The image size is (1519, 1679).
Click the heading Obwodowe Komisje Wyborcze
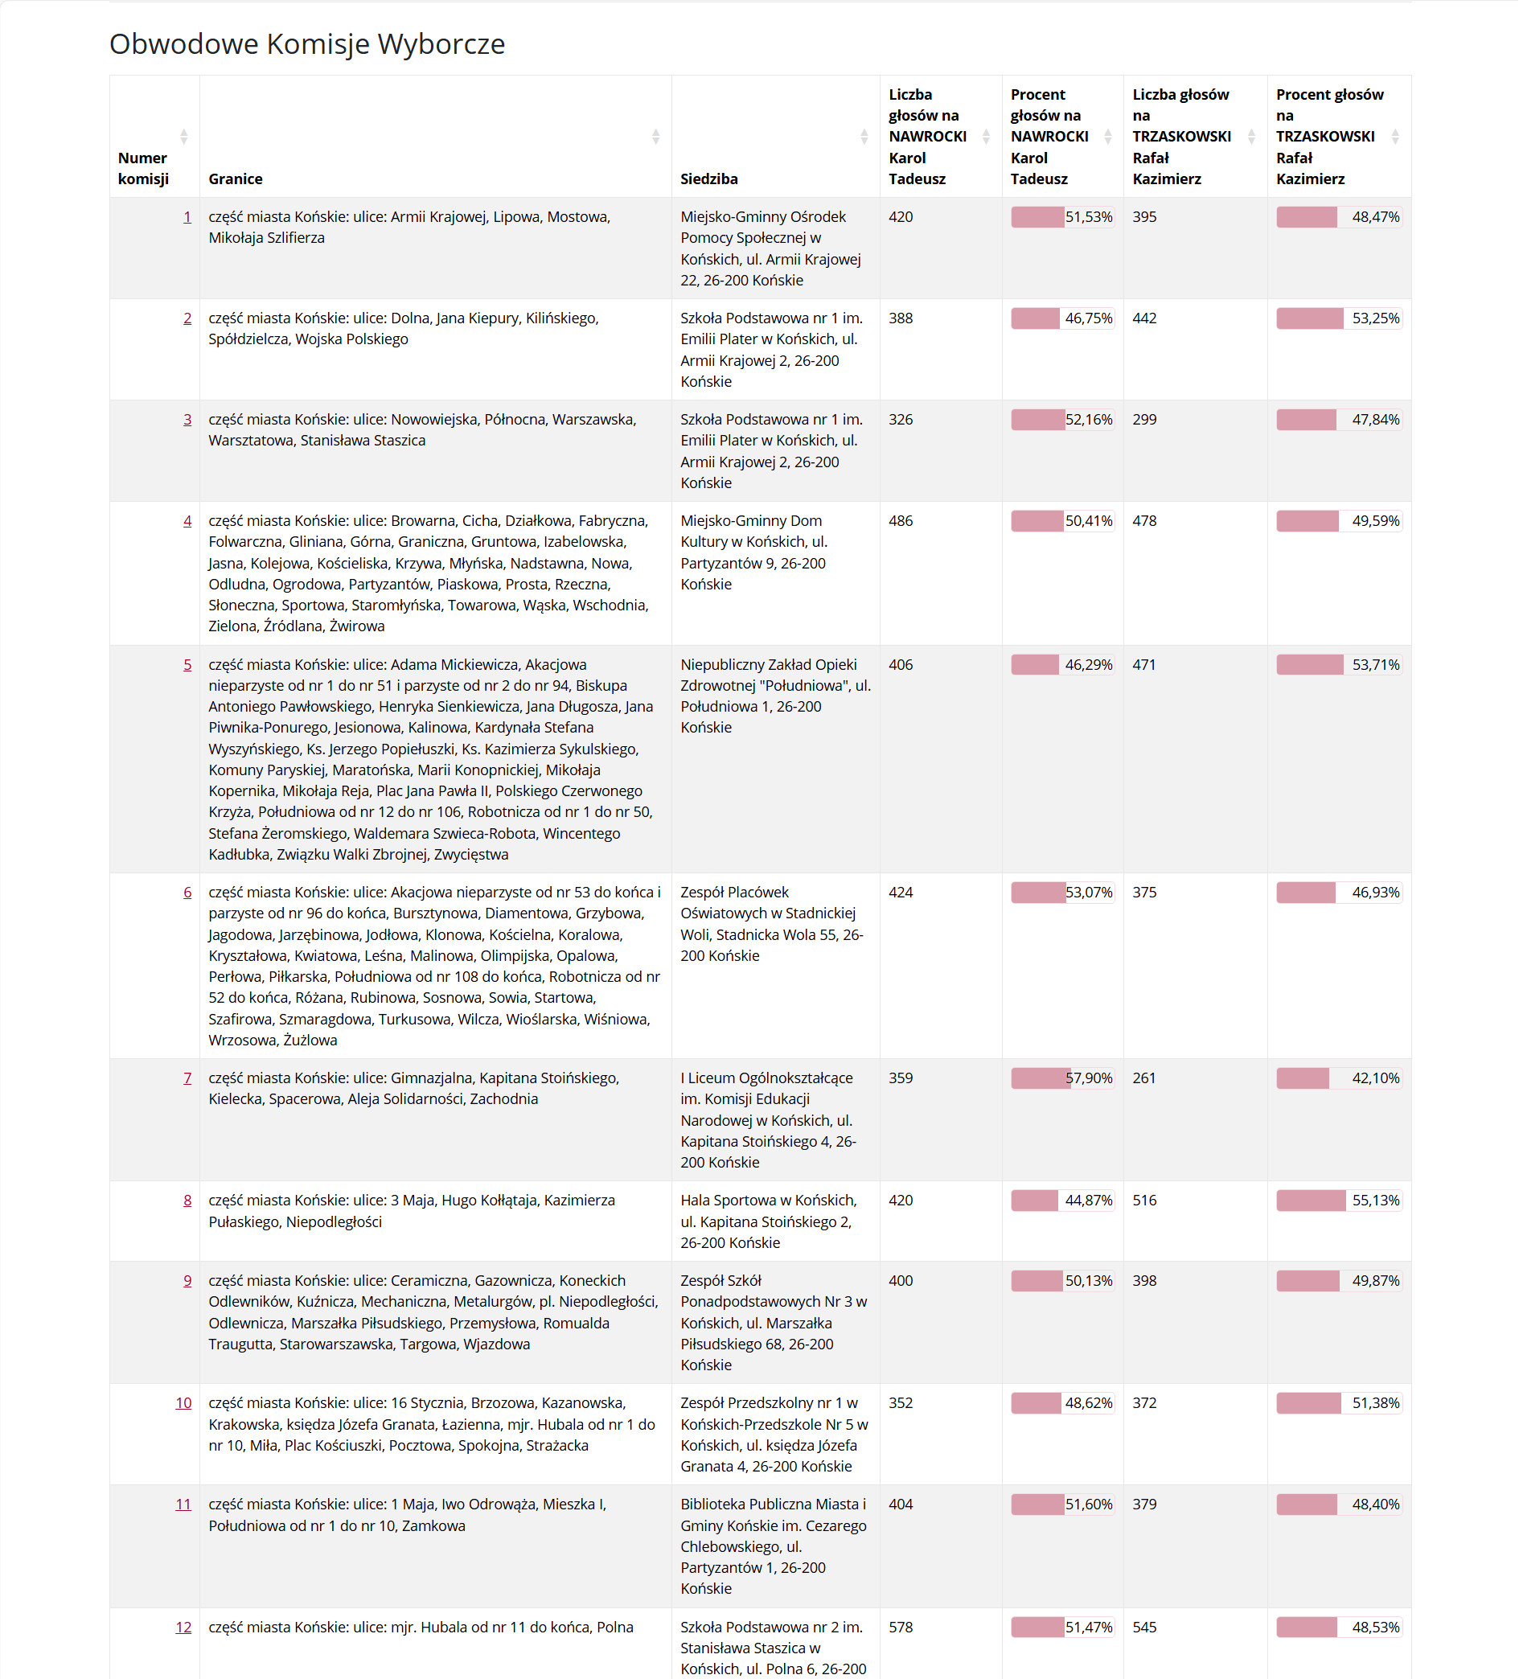(306, 44)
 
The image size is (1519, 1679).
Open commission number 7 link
(187, 1078)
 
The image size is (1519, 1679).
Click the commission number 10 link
(183, 1402)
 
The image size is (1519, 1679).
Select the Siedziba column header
(708, 179)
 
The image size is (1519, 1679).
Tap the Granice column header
(236, 179)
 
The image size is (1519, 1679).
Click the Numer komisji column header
(143, 168)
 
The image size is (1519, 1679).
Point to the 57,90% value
(1089, 1078)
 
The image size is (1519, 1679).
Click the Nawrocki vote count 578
(901, 1627)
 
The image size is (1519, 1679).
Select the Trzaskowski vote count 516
(1144, 1200)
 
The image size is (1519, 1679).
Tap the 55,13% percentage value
(1375, 1200)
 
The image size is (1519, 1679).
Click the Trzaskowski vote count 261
(1144, 1078)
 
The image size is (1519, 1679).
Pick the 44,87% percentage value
(1089, 1200)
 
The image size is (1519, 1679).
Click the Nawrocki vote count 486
(901, 520)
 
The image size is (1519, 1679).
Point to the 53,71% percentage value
(1375, 664)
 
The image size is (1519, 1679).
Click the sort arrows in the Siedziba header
(864, 137)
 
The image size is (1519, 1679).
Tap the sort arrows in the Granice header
(655, 137)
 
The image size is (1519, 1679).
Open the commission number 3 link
(187, 419)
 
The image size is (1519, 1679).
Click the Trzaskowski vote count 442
(1144, 318)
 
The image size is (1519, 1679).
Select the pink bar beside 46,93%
(1306, 892)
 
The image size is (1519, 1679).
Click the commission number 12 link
(183, 1627)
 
